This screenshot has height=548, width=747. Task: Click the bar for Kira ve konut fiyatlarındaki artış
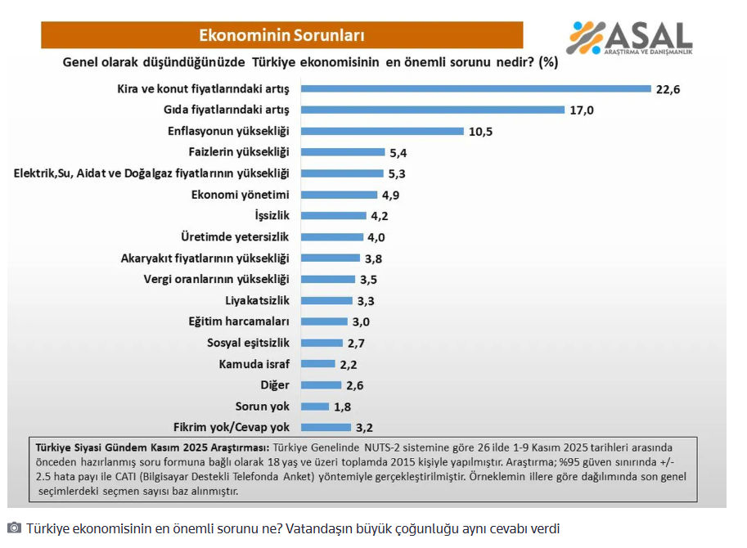coord(475,88)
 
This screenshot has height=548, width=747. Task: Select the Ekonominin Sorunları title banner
coord(282,35)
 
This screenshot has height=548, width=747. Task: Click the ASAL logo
coord(629,38)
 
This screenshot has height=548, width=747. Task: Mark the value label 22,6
coord(668,88)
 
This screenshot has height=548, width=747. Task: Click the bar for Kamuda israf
coord(317,364)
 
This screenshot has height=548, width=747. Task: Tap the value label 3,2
coord(364,427)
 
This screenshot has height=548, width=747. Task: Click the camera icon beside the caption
coord(14,528)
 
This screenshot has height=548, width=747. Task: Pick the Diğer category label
coord(275,385)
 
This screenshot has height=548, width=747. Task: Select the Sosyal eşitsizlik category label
coord(249,343)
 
